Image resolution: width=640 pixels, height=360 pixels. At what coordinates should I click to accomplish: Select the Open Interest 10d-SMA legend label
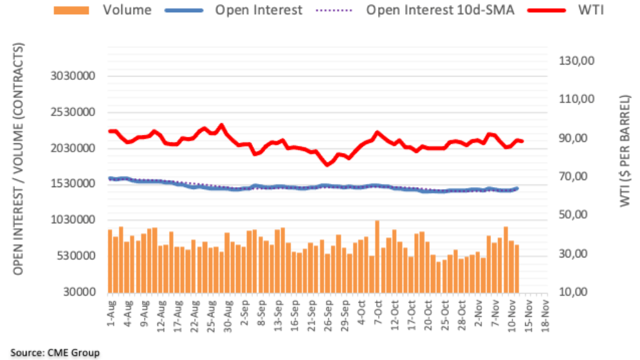440,10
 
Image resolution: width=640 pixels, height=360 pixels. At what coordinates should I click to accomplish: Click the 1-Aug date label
110,314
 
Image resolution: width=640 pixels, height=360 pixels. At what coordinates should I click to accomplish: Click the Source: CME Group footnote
50,352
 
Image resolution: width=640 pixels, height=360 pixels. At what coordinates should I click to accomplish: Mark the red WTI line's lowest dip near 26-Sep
328,165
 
